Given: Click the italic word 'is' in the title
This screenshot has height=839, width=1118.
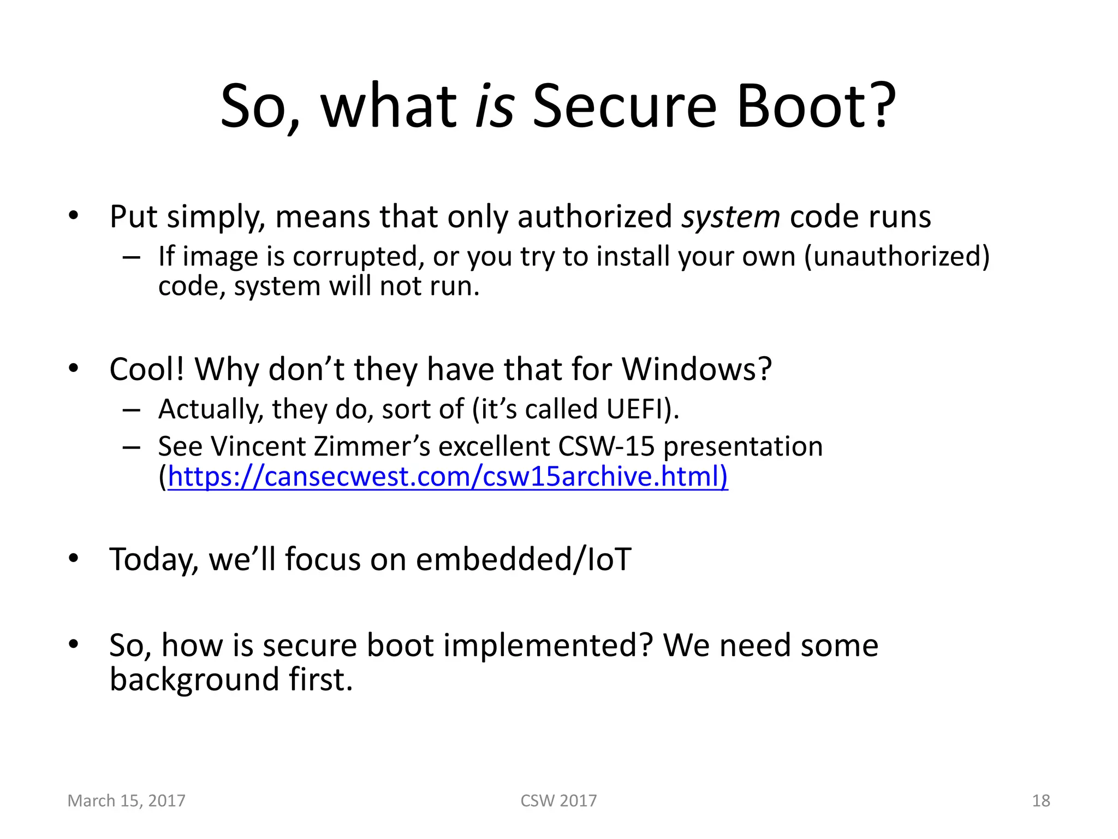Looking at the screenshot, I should point(495,106).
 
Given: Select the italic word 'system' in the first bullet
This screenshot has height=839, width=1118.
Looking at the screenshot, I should point(730,217).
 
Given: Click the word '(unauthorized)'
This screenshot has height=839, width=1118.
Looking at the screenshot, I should point(896,256).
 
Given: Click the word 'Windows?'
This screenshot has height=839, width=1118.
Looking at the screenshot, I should point(697,369).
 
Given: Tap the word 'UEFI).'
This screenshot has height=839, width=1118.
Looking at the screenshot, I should point(643,409).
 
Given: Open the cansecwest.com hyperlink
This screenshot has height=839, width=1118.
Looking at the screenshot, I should point(448,476).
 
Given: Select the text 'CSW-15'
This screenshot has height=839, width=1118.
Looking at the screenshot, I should point(606,446).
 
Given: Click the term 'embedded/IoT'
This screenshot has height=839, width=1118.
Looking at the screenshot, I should point(523,559).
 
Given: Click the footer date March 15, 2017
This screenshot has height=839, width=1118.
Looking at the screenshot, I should point(126,801).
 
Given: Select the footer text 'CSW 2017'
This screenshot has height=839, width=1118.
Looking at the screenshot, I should point(558,801).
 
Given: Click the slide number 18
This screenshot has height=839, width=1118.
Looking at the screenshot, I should point(1040,801).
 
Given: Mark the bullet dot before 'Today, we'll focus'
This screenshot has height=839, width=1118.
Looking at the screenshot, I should point(74,558).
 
